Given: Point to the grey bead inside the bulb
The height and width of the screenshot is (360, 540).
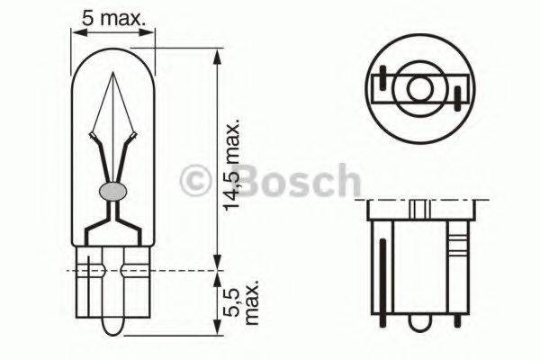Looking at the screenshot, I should tap(112, 191).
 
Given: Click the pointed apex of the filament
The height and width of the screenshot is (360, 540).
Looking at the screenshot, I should tap(112, 76).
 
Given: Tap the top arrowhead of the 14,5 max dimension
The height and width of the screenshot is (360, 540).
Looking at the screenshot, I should tap(216, 54).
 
